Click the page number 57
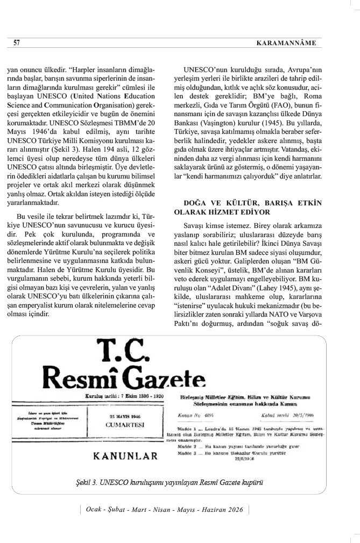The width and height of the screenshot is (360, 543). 17,42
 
